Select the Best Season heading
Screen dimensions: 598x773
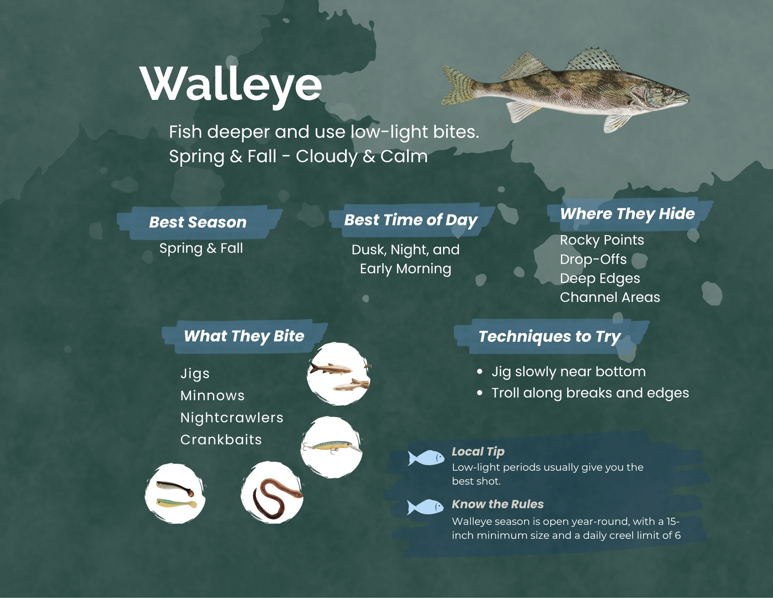coord(198,222)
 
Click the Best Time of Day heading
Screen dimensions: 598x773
coord(410,220)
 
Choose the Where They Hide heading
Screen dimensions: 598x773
coord(627,213)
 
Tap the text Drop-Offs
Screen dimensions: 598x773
coord(593,259)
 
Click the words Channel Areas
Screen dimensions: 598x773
coord(610,297)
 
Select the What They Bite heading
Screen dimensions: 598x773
coord(244,336)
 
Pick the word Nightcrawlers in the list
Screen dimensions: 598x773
coord(231,418)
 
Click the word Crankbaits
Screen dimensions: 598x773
coord(221,439)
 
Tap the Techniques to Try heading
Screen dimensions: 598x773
coord(549,336)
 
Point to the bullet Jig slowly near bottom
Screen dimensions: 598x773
coord(568,371)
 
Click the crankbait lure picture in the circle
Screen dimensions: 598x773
coord(331,447)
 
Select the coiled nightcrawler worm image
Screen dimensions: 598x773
coord(272,493)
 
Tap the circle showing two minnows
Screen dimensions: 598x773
coord(338,374)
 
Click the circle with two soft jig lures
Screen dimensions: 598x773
coord(175,493)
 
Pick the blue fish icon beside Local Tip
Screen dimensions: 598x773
coord(426,458)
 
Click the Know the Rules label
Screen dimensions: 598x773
coord(497,504)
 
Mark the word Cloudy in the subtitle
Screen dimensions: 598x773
coord(326,156)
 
